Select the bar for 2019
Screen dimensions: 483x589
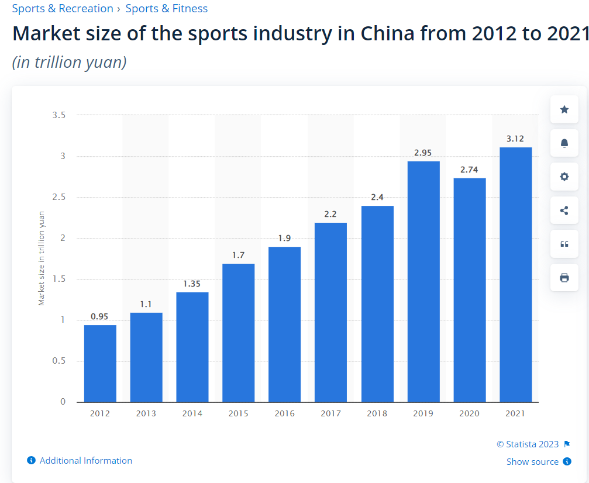click(423, 281)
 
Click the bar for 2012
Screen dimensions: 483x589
click(100, 363)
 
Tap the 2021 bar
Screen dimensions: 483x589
click(515, 274)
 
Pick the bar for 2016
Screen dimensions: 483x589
click(284, 324)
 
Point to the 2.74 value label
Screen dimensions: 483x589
click(469, 170)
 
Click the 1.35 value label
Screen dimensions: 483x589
click(192, 284)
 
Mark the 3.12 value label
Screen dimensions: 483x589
click(515, 139)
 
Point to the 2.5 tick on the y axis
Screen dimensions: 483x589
click(59, 197)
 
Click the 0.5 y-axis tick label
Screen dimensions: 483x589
click(59, 361)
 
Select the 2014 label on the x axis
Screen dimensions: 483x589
click(192, 413)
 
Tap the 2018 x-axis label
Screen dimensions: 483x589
click(377, 413)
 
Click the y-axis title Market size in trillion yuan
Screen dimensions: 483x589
click(42, 258)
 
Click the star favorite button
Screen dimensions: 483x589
click(564, 109)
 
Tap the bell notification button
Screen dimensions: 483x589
click(564, 143)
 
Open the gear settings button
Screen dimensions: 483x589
click(564, 177)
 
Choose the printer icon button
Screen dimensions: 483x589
click(564, 278)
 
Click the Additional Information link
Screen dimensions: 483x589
click(85, 461)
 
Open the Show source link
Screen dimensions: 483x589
click(532, 462)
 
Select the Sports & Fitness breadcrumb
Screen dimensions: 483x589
click(167, 9)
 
